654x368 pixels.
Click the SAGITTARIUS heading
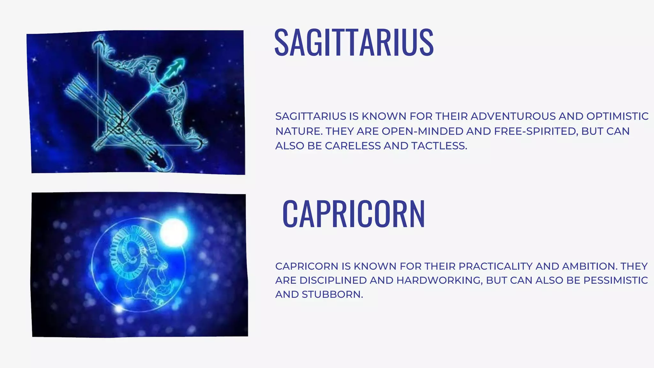(354, 43)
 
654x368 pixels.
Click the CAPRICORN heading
(354, 214)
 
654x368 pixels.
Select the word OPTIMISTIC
(617, 116)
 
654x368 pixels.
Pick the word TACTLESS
(439, 146)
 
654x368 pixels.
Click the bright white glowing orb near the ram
(173, 232)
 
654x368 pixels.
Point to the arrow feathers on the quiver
(77, 88)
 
